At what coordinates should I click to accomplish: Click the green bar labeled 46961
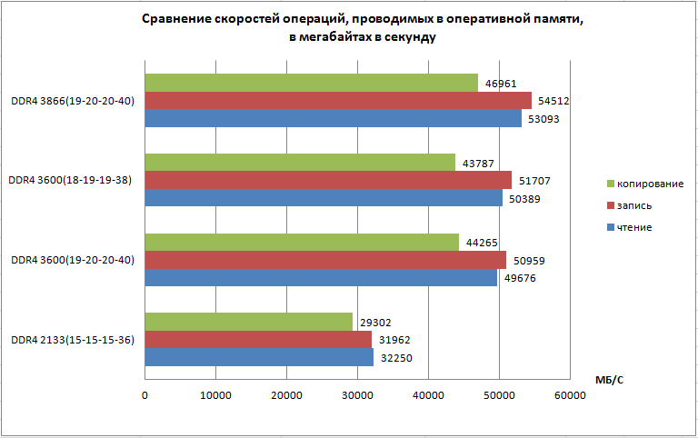(311, 83)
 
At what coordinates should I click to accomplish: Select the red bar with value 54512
(338, 100)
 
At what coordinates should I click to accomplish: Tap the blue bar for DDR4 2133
(259, 357)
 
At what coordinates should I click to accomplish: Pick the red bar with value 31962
(258, 340)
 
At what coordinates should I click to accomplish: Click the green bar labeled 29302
(248, 322)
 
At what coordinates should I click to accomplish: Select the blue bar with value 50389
(324, 197)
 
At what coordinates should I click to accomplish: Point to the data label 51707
(533, 181)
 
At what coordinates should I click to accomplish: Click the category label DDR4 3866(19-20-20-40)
(73, 101)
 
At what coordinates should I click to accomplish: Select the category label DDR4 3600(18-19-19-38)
(72, 180)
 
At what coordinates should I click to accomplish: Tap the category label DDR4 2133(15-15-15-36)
(73, 340)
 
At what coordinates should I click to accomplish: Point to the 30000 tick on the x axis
(357, 394)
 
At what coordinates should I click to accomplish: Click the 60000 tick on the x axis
(570, 394)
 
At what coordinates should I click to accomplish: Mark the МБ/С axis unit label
(610, 379)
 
